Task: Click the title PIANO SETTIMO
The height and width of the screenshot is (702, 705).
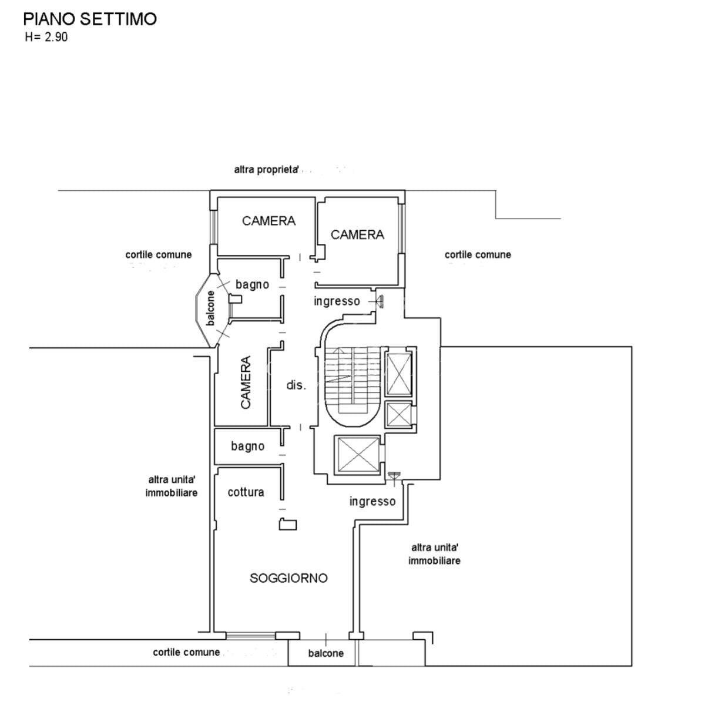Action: (x=90, y=19)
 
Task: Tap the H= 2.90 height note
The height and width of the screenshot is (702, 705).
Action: (x=46, y=37)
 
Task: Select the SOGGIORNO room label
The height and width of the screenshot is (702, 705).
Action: (x=288, y=578)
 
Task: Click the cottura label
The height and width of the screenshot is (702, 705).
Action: (x=246, y=492)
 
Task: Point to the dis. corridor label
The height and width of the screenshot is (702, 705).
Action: (x=296, y=385)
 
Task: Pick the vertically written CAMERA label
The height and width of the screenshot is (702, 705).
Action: (x=246, y=382)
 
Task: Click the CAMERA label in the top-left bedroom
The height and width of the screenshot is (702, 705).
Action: (x=268, y=221)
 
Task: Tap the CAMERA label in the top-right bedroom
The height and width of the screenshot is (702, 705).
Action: (x=357, y=234)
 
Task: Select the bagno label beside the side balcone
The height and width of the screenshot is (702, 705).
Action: (x=252, y=284)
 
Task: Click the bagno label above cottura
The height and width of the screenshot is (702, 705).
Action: (x=248, y=446)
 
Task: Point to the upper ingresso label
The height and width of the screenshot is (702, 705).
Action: (x=337, y=301)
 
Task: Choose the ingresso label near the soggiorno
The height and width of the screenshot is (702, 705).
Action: (x=372, y=501)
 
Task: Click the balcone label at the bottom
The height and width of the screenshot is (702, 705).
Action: (x=325, y=653)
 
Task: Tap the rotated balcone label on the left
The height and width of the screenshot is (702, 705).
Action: (x=210, y=308)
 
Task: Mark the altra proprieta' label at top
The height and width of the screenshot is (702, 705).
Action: (x=266, y=170)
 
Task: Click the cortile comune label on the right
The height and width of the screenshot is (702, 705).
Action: (x=478, y=254)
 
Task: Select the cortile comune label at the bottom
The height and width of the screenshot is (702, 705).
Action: (x=186, y=652)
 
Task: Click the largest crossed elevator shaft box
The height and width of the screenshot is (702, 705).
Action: (x=358, y=455)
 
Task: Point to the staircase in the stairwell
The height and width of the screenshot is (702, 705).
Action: (x=352, y=381)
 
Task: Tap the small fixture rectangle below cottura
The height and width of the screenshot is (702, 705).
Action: (x=288, y=524)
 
